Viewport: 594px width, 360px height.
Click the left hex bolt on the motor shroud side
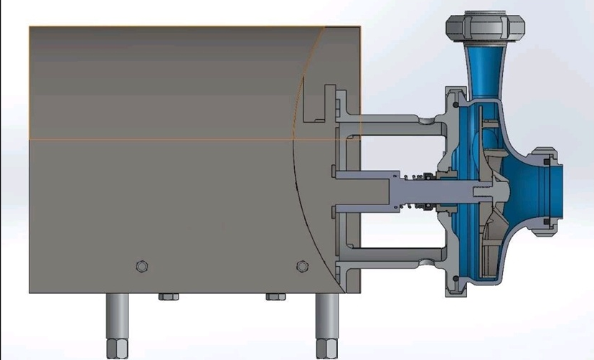[x=142, y=267]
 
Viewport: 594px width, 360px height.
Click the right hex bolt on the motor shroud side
[x=302, y=267]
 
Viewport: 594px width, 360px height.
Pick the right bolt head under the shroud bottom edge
[x=275, y=296]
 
